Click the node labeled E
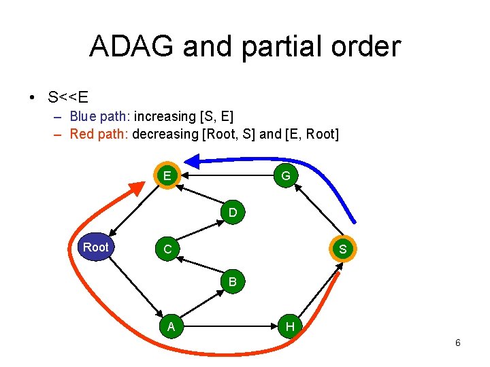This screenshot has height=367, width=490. point(167,176)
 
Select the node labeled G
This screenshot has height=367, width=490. point(286,176)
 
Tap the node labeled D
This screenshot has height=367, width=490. point(233,213)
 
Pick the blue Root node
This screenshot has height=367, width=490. point(95,247)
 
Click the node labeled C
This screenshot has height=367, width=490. point(167,249)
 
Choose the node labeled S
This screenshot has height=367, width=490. point(342,249)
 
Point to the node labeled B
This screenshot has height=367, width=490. point(233,281)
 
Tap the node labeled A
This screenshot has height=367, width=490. point(171,327)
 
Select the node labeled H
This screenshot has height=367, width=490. point(290,327)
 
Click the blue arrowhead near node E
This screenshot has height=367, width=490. point(195,162)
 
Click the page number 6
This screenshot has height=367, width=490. point(457,343)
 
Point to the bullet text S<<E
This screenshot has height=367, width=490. point(68,97)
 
